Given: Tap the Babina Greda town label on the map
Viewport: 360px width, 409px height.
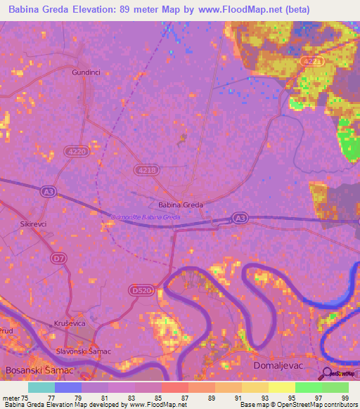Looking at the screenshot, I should pos(181,204).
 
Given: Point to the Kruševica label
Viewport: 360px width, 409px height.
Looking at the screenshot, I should pos(70,322).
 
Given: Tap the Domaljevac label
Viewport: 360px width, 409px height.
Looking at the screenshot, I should pos(276,367).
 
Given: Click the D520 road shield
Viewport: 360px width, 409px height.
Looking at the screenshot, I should pos(141,289).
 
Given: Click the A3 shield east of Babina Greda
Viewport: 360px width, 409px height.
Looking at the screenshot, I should pos(240,219).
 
